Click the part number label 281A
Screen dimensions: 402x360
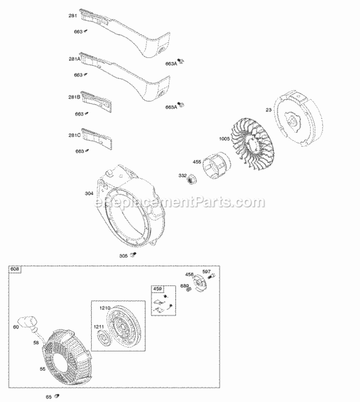pos(74,59)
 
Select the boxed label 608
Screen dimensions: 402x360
pos(15,270)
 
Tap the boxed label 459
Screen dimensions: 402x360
pos(157,289)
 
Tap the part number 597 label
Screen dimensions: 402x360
pos(206,272)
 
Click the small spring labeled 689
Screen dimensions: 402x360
pos(190,291)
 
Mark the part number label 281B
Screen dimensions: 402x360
pos(74,97)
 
